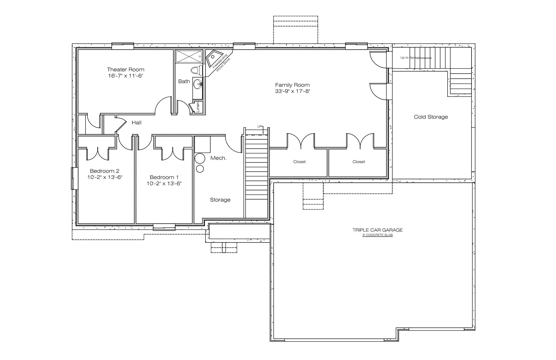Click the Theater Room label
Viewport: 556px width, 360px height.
click(x=125, y=70)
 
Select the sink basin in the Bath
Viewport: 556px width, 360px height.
click(x=197, y=84)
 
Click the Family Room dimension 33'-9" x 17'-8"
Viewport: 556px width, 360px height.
click(x=292, y=91)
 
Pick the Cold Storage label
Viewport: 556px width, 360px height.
click(x=431, y=117)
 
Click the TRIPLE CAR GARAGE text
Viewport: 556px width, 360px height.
click(x=377, y=230)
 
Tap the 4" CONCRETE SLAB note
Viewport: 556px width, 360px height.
click(x=377, y=235)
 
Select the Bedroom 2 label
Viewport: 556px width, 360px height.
click(x=105, y=171)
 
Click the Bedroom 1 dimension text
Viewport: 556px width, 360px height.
click(x=164, y=184)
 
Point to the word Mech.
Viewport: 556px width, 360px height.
click(x=218, y=158)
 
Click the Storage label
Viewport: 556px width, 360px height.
click(x=220, y=200)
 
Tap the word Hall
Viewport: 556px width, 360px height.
click(x=137, y=123)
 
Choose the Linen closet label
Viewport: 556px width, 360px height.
click(x=198, y=107)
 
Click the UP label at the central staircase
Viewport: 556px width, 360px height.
click(x=260, y=126)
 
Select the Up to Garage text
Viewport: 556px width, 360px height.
click(x=410, y=58)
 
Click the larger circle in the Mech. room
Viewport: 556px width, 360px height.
click(x=200, y=158)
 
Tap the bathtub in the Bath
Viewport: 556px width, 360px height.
click(x=189, y=56)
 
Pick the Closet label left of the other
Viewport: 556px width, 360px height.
click(x=299, y=162)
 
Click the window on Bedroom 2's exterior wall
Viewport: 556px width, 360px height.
click(x=74, y=178)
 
